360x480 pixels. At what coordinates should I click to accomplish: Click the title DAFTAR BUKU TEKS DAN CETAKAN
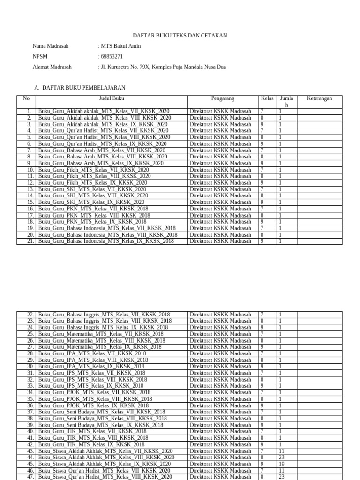tap(180, 36)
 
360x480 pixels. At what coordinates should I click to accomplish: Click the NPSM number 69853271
tap(112, 57)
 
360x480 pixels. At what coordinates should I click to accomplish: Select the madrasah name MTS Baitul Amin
tap(120, 46)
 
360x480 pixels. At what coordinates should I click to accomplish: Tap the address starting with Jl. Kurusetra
tap(162, 67)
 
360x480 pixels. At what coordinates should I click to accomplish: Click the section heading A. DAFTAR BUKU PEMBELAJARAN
tap(80, 88)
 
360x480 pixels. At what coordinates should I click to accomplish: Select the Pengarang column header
tap(223, 98)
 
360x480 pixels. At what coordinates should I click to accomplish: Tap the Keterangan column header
tap(319, 98)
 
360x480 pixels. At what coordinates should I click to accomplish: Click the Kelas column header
tap(267, 98)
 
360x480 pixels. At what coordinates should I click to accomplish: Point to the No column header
tap(26, 98)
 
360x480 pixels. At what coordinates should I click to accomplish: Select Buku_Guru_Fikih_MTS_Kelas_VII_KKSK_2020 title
tap(94, 170)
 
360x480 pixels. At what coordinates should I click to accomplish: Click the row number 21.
tap(30, 241)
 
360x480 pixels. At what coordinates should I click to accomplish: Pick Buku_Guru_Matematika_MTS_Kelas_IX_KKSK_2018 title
tap(100, 347)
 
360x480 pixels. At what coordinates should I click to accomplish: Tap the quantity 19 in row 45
tap(282, 464)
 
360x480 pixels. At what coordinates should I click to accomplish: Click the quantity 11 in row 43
tap(282, 450)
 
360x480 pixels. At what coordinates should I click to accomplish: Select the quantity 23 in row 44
tap(282, 457)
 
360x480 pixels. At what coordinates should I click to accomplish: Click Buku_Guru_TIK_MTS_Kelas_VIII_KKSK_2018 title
tap(93, 438)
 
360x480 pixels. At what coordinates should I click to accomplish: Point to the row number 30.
tap(30, 366)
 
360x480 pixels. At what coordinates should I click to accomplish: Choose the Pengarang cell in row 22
tap(220, 315)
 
